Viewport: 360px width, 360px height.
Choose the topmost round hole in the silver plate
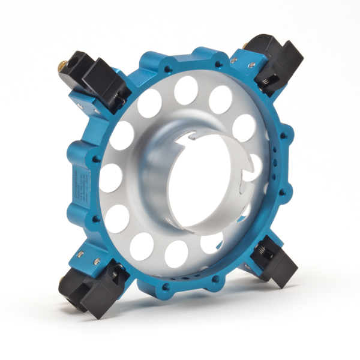(x=186, y=89)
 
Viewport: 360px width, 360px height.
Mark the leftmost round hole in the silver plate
(x=110, y=178)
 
